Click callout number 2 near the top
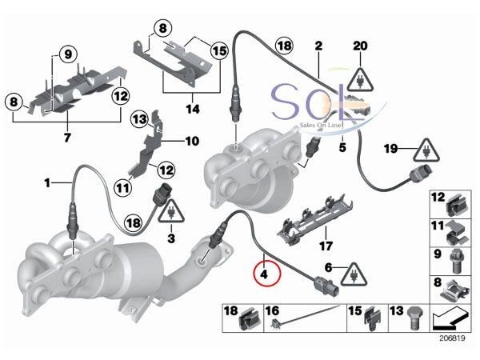(x=318, y=47)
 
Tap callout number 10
(x=192, y=142)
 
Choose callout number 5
(x=341, y=147)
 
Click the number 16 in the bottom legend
(x=271, y=309)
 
